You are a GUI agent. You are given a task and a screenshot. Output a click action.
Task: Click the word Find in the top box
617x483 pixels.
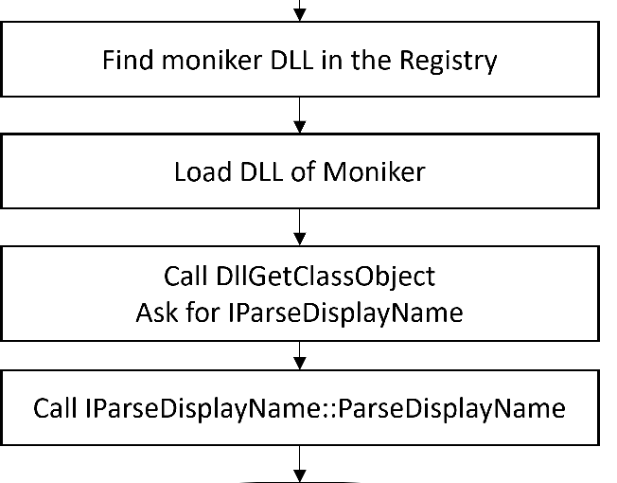pyautogui.click(x=127, y=63)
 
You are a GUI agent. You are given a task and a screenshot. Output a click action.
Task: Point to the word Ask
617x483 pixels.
pyautogui.click(x=157, y=312)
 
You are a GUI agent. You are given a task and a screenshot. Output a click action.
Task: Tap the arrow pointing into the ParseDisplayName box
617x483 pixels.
pyautogui.click(x=300, y=355)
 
